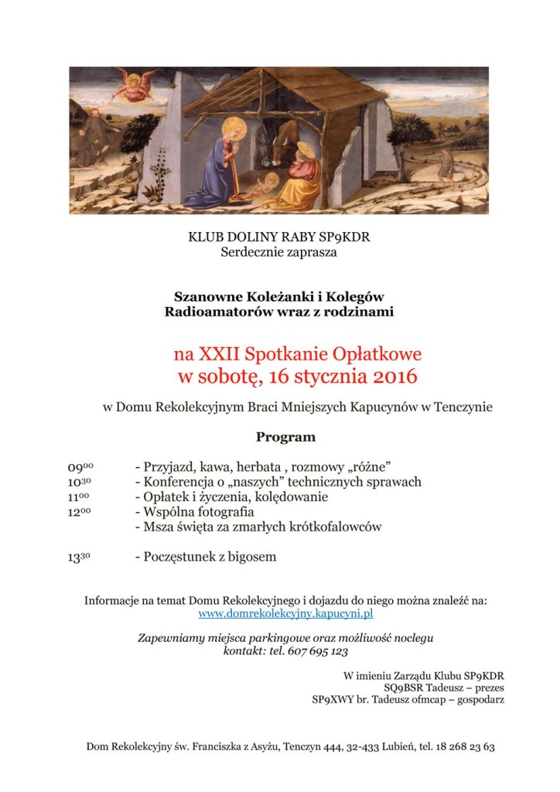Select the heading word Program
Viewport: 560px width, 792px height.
[285, 437]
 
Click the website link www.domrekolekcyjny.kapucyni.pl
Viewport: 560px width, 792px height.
[285, 613]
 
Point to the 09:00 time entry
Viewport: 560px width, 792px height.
[80, 467]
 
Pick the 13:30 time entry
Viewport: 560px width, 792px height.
[80, 557]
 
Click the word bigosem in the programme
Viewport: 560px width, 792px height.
[251, 556]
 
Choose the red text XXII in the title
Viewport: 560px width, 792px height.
[219, 355]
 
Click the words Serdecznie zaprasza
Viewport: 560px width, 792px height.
[279, 251]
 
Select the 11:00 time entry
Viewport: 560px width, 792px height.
[80, 497]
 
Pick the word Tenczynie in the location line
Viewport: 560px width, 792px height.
[462, 408]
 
